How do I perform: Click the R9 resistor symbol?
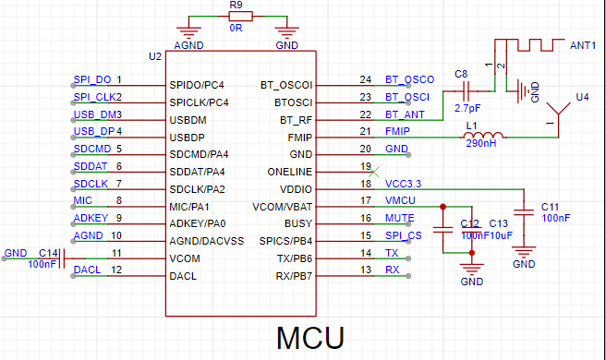click(x=240, y=17)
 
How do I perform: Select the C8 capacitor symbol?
click(x=467, y=91)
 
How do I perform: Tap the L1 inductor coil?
click(x=483, y=135)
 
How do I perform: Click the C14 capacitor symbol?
click(x=62, y=258)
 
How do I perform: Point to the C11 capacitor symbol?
click(x=524, y=212)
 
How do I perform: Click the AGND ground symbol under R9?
click(x=188, y=32)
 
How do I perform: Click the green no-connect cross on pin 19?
click(x=374, y=172)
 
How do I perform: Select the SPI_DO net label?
click(x=92, y=79)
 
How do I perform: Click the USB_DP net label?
click(x=94, y=131)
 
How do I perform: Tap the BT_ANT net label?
click(x=405, y=114)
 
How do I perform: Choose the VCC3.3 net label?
click(x=403, y=184)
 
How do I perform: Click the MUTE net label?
click(x=400, y=218)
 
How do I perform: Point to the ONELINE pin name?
click(x=289, y=172)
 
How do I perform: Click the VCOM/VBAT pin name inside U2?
click(x=282, y=207)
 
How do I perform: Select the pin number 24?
click(x=365, y=79)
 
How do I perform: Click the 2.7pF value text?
click(x=467, y=108)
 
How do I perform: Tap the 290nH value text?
click(x=481, y=143)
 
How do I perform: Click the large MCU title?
click(x=310, y=338)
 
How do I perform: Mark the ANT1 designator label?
click(x=583, y=45)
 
